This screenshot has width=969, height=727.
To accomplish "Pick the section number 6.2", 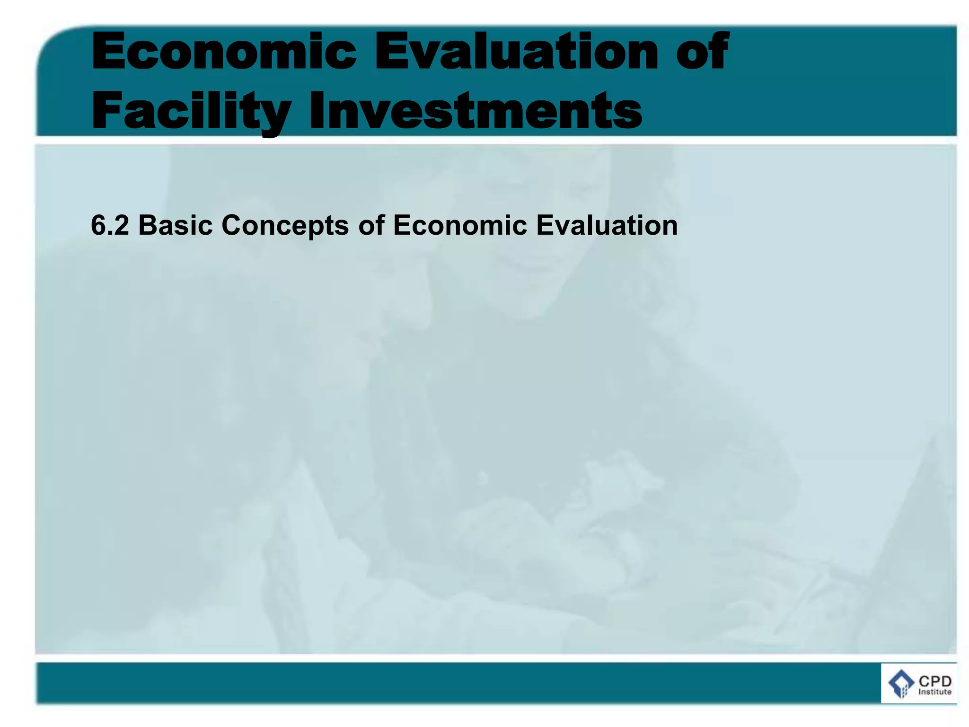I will (x=109, y=225).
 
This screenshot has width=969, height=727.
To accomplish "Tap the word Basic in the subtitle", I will (x=175, y=225).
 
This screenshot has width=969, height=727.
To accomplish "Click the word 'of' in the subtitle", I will (x=371, y=225).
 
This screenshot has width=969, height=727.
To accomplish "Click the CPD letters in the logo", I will (x=935, y=682).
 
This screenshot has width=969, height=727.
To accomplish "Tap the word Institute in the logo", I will (x=934, y=692).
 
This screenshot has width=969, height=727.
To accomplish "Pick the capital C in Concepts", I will (x=232, y=225).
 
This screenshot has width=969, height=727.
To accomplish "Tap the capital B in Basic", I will (x=147, y=225).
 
